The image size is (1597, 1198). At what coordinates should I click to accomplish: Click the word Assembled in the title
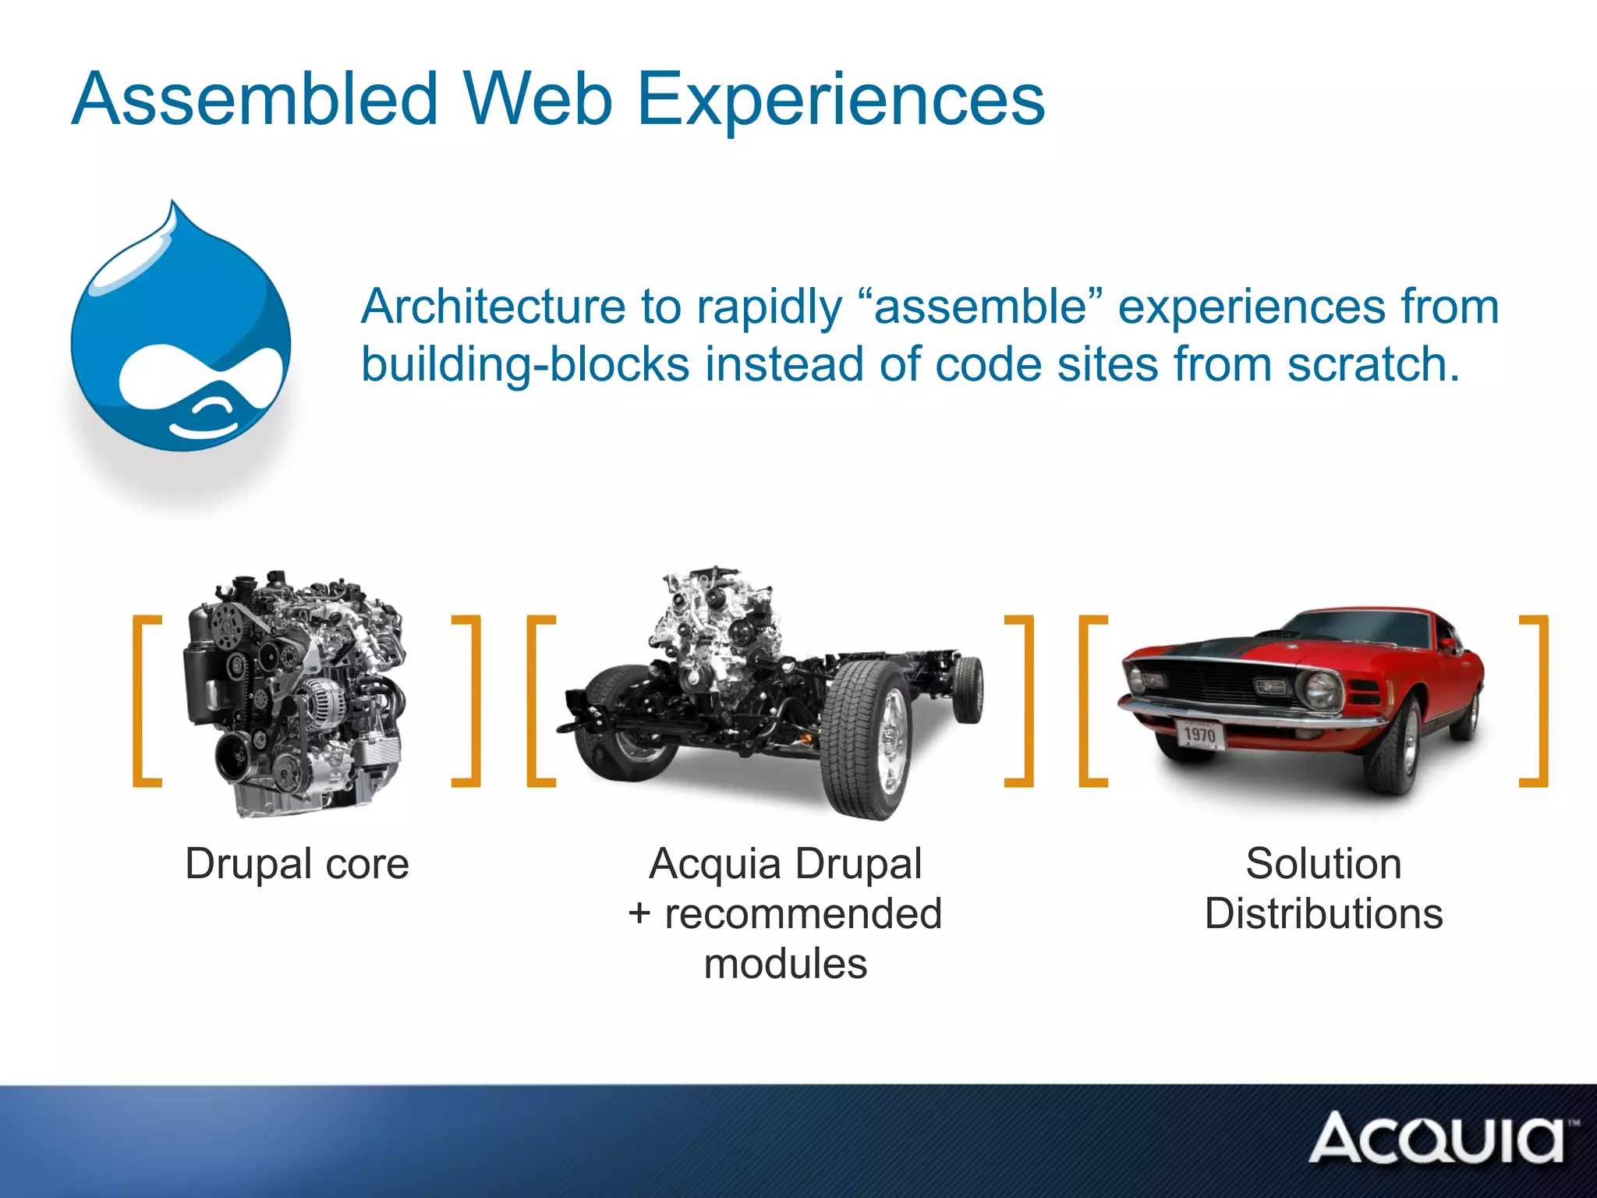pos(254,100)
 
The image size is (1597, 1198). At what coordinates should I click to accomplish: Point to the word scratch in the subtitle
pos(1372,364)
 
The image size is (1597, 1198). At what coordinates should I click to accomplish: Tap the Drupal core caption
pos(296,864)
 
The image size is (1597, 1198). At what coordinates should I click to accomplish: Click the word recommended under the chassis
pos(802,914)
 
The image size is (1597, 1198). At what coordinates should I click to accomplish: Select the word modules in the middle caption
pos(785,964)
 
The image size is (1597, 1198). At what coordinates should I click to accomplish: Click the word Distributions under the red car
pos(1323,914)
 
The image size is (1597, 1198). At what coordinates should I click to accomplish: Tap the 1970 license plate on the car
pos(1199,734)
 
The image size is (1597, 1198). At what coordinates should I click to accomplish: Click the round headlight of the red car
pos(1319,689)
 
